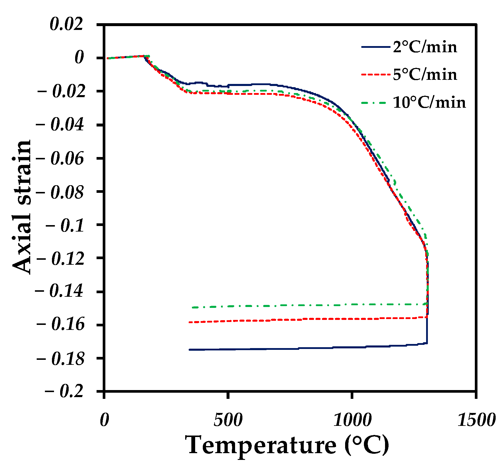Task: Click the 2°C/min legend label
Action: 425,47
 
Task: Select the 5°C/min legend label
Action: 425,75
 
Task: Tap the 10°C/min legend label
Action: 429,103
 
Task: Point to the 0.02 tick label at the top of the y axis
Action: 67,24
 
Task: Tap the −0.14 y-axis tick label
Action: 60,292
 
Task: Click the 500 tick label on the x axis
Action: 228,420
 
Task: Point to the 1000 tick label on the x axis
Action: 352,420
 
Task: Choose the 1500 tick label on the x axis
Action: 476,420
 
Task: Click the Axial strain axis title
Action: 22,207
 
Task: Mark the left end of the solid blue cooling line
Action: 190,350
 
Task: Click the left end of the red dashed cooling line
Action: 189,322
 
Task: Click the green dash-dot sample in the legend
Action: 375,103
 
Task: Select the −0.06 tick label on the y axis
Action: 60,159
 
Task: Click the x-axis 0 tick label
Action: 104,420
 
